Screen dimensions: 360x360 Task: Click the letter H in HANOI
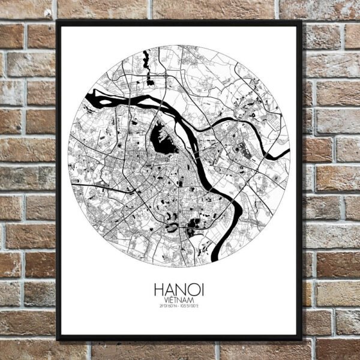coord(158,290)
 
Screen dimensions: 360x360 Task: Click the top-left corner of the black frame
coord(57,22)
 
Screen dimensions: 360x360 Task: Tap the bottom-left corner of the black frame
coord(57,339)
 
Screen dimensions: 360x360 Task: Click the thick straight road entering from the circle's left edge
coord(90,182)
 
